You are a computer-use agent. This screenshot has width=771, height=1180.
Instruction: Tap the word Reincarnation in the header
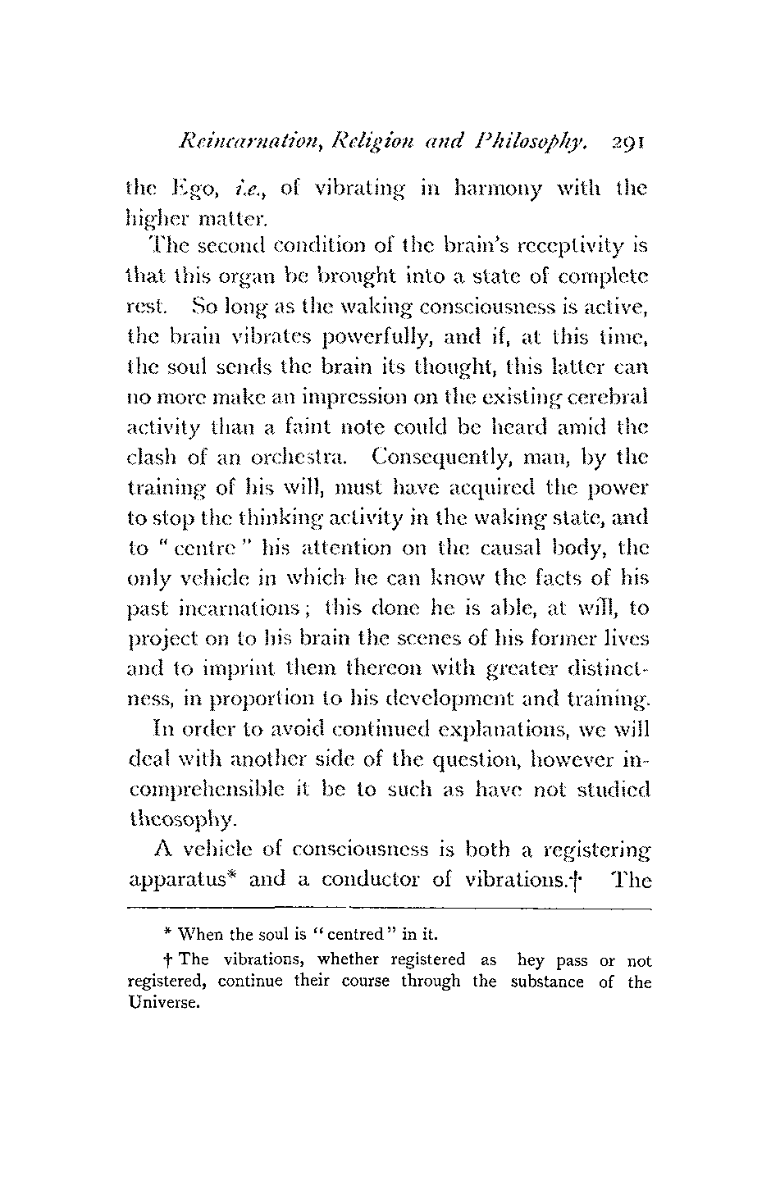(x=239, y=145)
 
